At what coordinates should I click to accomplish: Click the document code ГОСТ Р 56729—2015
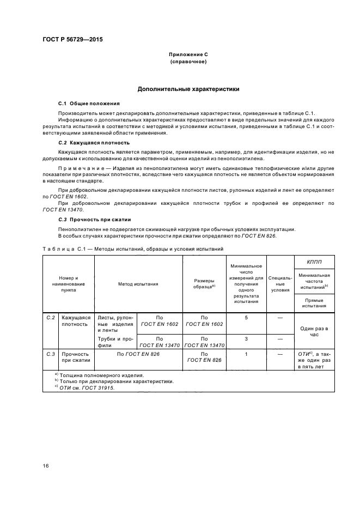click(72, 40)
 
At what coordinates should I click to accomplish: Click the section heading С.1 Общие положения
click(89, 103)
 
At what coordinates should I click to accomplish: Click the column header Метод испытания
click(138, 284)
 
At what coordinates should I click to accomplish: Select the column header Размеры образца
click(204, 284)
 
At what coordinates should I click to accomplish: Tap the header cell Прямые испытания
click(314, 303)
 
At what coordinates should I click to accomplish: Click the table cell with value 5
click(246, 317)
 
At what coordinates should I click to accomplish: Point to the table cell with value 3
click(246, 339)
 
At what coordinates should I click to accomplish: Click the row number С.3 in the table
click(51, 354)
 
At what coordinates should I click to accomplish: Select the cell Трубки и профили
click(115, 342)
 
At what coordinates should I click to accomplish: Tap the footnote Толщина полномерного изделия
click(101, 375)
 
